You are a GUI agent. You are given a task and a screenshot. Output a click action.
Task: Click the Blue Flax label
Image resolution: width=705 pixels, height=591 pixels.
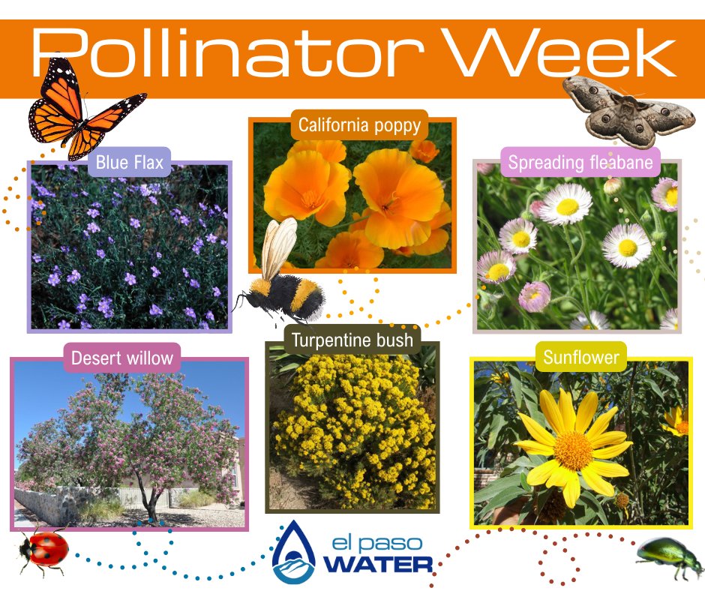pyautogui.click(x=129, y=162)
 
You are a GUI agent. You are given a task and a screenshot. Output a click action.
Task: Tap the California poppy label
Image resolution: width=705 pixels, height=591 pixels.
pyautogui.click(x=359, y=124)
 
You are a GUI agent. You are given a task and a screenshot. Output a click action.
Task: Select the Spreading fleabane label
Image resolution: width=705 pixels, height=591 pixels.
pyautogui.click(x=580, y=162)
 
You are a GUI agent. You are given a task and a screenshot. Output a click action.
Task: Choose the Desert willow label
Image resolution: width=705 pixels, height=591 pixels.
pyautogui.click(x=121, y=358)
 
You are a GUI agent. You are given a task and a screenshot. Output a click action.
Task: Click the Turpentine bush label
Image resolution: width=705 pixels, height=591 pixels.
pyautogui.click(x=352, y=340)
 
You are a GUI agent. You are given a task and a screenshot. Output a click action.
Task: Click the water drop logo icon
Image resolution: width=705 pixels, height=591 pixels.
pyautogui.click(x=294, y=553)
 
